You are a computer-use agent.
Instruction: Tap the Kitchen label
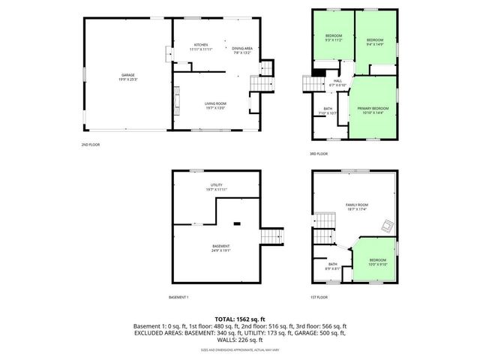click(x=201, y=45)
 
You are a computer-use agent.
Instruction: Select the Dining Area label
click(x=241, y=49)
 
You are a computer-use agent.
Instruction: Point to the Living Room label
click(x=215, y=103)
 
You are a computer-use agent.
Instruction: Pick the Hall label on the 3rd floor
click(x=337, y=81)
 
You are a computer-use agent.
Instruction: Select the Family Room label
click(x=356, y=205)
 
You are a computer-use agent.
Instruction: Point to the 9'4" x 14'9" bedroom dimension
click(x=374, y=44)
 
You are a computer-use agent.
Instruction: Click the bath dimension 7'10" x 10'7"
click(x=328, y=113)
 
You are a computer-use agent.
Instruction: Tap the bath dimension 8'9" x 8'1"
click(x=331, y=268)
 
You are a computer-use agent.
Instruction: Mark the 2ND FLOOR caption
click(x=90, y=144)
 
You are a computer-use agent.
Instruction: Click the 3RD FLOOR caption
click(x=318, y=154)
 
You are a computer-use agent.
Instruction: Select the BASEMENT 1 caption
click(x=178, y=297)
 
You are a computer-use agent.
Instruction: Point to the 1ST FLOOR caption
click(x=318, y=297)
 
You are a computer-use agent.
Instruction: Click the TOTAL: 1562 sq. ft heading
click(x=239, y=319)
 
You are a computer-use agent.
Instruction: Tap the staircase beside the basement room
click(x=271, y=237)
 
